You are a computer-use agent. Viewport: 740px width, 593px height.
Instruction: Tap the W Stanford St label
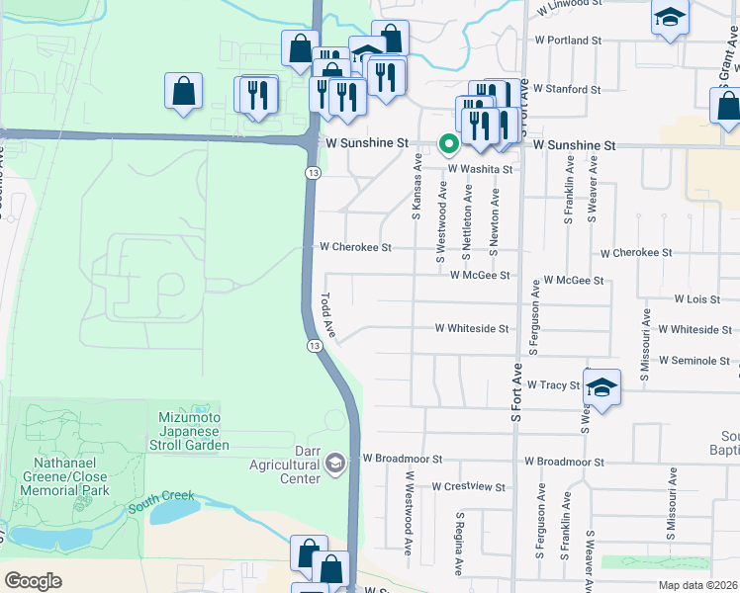(567, 89)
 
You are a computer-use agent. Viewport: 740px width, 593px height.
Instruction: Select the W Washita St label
(480, 169)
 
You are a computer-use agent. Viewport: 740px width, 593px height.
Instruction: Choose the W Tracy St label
(552, 384)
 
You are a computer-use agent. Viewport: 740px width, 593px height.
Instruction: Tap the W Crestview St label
(471, 487)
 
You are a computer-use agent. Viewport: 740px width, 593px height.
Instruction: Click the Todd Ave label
(325, 315)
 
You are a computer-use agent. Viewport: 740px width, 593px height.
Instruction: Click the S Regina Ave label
(459, 544)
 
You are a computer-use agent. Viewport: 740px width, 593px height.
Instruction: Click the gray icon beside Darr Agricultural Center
(336, 463)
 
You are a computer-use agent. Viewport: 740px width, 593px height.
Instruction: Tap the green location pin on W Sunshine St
(448, 144)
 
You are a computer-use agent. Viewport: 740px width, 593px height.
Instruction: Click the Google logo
(33, 581)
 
